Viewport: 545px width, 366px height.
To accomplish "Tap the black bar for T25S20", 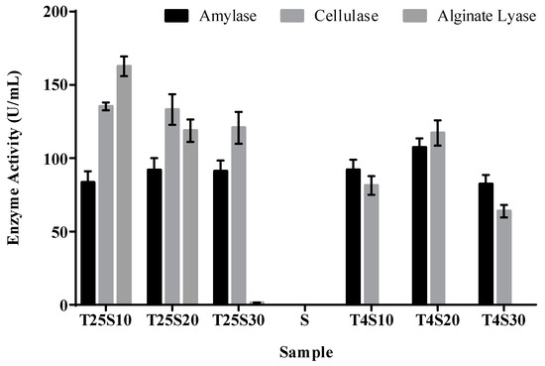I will (x=154, y=237).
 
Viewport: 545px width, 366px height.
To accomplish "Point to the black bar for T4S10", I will (x=354, y=237).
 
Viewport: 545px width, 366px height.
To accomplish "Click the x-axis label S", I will (x=305, y=322).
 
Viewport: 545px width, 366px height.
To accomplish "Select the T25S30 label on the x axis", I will (x=238, y=322).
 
